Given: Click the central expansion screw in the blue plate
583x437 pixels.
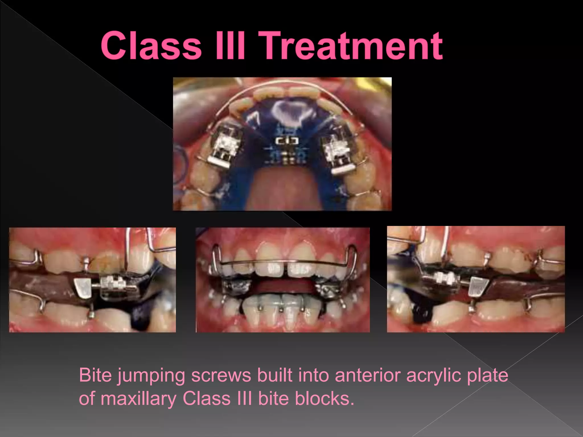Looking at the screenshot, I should click(x=287, y=141).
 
